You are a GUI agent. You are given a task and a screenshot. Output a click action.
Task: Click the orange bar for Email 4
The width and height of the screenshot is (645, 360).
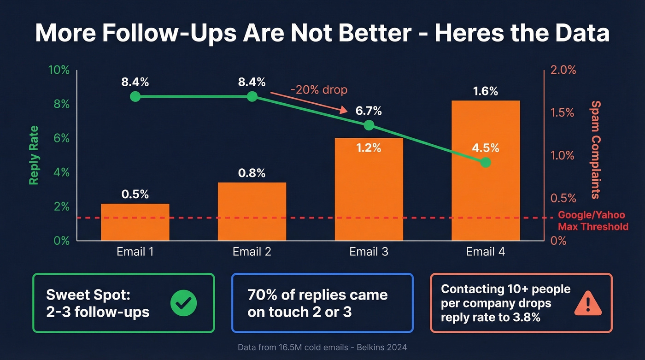coord(486,194)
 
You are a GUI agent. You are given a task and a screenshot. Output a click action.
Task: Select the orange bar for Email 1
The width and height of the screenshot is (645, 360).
coord(135,222)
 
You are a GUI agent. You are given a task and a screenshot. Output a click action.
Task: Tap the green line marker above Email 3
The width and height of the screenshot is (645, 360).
coord(369,125)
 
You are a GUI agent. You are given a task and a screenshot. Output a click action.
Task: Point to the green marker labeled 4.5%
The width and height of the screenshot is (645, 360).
coord(485,163)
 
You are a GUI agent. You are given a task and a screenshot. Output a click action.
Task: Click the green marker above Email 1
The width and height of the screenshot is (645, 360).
coord(135,96)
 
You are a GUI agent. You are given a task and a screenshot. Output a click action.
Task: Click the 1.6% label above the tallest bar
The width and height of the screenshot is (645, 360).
coord(486,91)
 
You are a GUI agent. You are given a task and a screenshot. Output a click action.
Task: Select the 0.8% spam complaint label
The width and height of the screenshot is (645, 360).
coord(252,173)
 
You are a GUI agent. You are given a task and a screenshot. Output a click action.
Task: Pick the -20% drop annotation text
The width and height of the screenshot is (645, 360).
coord(318,89)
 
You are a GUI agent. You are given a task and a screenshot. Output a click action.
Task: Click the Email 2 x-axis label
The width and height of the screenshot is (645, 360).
coord(252,252)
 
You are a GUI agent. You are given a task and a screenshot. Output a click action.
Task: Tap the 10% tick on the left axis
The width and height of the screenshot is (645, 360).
coord(59,71)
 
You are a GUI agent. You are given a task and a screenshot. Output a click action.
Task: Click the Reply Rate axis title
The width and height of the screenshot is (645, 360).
coord(34,155)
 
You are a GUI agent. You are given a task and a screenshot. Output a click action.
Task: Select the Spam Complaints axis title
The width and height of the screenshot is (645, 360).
coord(596,150)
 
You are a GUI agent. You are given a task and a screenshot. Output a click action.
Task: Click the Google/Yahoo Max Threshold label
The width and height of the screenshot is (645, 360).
coord(592,221)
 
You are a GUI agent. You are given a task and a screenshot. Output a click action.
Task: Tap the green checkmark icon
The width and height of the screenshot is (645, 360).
coord(183,303)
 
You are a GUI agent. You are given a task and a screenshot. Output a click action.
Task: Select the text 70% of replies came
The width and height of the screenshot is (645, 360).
coord(317,295)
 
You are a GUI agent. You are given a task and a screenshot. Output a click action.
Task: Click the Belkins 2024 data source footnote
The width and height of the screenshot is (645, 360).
coord(322,347)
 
